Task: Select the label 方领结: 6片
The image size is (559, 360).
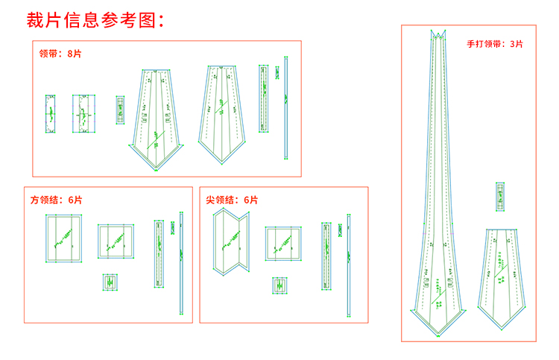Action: coord(57,200)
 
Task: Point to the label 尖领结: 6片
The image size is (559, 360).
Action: coord(232,200)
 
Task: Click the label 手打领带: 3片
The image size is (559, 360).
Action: coord(495,44)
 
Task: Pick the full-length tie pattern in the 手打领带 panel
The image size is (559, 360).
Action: coord(438,186)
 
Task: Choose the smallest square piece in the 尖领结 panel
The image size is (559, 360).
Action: coord(280,285)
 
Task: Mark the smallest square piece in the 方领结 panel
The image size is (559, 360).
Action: coord(111,282)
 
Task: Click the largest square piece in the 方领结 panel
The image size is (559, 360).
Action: coord(63,239)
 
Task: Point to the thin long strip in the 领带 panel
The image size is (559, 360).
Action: coord(285,109)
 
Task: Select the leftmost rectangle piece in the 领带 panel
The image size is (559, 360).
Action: coord(50,114)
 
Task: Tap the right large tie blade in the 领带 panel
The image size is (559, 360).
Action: coord(221,113)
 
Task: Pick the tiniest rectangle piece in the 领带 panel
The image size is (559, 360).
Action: coord(120,110)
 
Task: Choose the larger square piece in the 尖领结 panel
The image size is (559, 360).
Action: coord(283,243)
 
